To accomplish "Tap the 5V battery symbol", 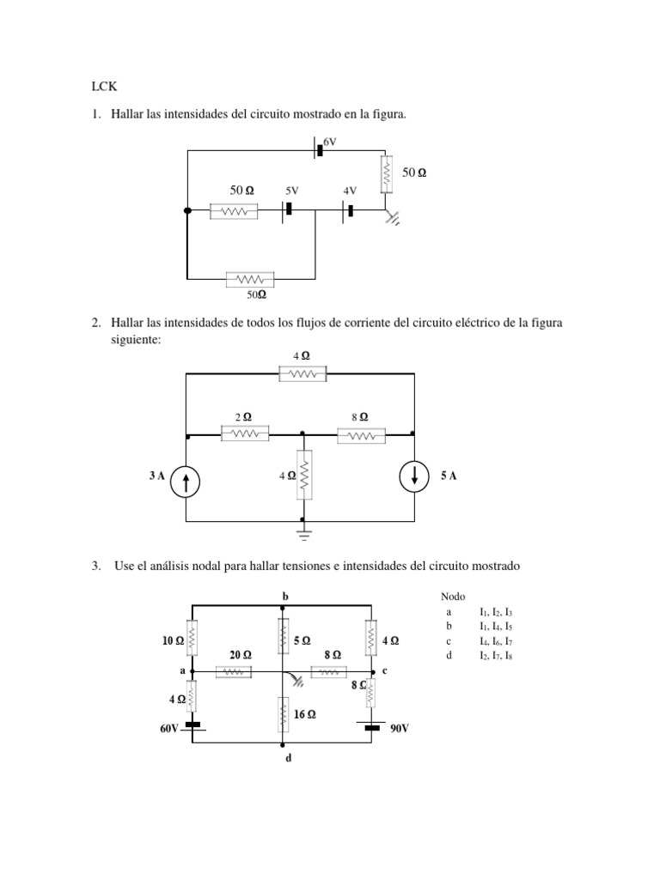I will point(289,209).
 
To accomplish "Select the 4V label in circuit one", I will point(350,190).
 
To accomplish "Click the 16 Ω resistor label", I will point(306,713).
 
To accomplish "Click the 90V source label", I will point(400,728).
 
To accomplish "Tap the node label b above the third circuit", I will point(285,595).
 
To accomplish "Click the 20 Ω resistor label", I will point(241,654).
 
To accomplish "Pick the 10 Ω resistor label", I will point(173,640).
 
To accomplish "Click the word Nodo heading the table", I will point(453,597).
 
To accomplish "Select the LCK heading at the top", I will point(102,86).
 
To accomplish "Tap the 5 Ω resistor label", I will point(302,640).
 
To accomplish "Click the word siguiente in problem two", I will point(135,340).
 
